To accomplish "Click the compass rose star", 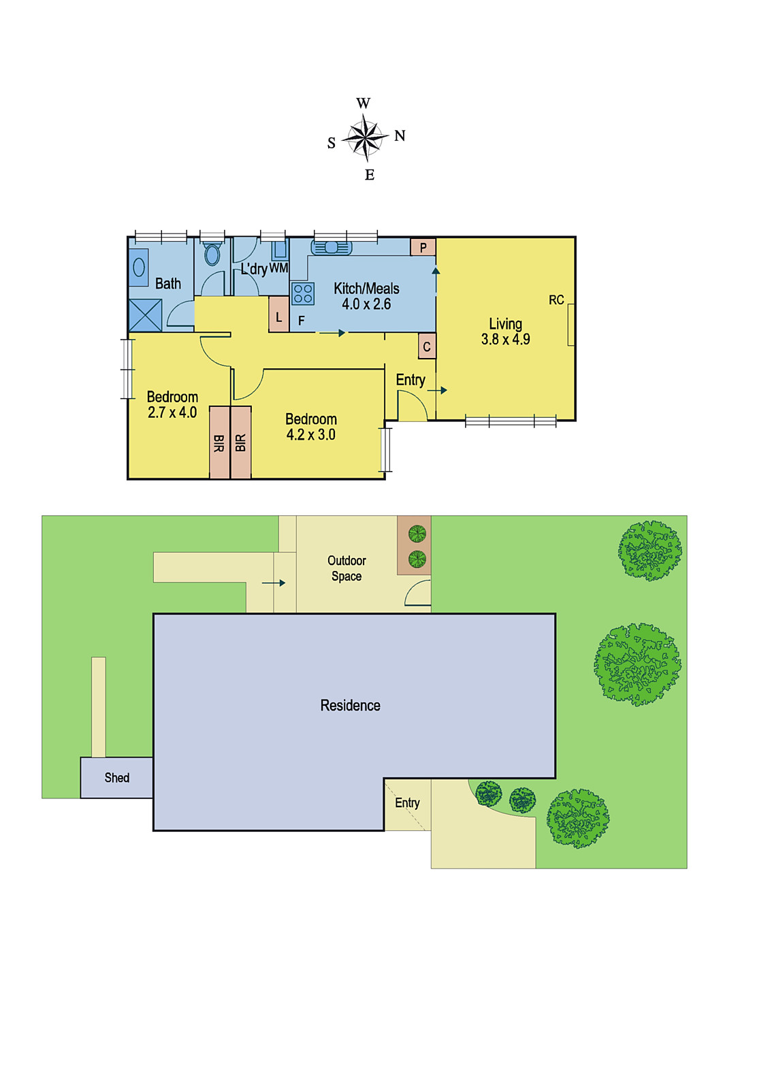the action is pos(365,138).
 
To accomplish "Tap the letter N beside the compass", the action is pos(400,135).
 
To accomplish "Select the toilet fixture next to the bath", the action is pos(212,253).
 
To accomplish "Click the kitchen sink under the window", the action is pos(331,248).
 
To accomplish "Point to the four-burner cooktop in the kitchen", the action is pos(302,293).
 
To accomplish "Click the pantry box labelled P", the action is pos(423,248).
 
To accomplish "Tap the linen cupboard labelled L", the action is pos(279,317).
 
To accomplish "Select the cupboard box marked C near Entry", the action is pos(427,346).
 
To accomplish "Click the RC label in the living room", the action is pos(556,300).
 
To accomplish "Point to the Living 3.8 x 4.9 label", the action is pos(505,331).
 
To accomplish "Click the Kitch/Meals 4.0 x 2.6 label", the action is pos(366,296).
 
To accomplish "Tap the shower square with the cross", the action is pos(145,315).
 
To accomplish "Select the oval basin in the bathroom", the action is pos(139,267).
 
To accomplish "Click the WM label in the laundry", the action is pos(278,268).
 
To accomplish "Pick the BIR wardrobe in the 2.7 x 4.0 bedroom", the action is pos(219,442).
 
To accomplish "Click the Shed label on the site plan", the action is pos(116,778).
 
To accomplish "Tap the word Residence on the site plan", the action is pos(350,705).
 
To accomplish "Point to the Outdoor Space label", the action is pos(347,568).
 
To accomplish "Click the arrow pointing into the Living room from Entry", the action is pos(437,390).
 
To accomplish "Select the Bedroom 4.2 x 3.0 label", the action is pos(311,427).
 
